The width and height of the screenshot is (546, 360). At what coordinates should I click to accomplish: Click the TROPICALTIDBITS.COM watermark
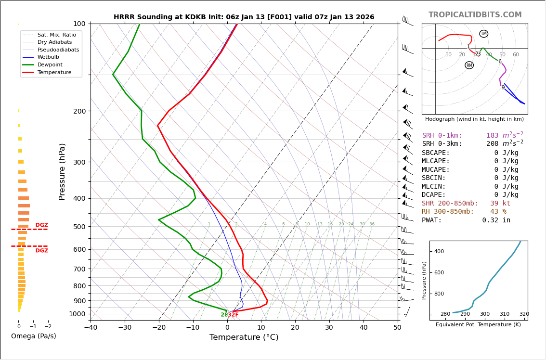(475, 15)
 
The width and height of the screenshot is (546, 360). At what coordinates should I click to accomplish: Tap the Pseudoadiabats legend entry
(58, 50)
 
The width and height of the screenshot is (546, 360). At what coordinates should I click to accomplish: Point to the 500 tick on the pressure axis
(79, 227)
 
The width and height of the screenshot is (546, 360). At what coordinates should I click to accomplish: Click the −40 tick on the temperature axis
(91, 328)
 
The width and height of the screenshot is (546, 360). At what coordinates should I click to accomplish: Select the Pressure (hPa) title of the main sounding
(62, 171)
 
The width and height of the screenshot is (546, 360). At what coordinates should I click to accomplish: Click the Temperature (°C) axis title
(244, 337)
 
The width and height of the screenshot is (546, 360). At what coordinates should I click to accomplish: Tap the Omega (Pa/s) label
(33, 336)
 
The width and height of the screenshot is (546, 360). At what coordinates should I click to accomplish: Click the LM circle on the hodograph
(484, 34)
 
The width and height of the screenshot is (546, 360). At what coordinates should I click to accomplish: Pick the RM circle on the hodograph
(469, 65)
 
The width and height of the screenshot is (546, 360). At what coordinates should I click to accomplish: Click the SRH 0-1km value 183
(492, 136)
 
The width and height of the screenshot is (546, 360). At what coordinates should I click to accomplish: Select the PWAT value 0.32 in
(496, 220)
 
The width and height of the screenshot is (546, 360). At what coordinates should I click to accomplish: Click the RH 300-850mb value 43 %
(498, 212)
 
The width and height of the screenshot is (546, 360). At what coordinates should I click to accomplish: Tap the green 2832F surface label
(230, 315)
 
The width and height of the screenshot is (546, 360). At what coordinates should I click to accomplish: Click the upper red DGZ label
(41, 225)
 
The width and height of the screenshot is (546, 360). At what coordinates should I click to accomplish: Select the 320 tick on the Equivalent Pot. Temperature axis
(524, 314)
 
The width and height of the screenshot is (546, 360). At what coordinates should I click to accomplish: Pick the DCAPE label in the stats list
(436, 195)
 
